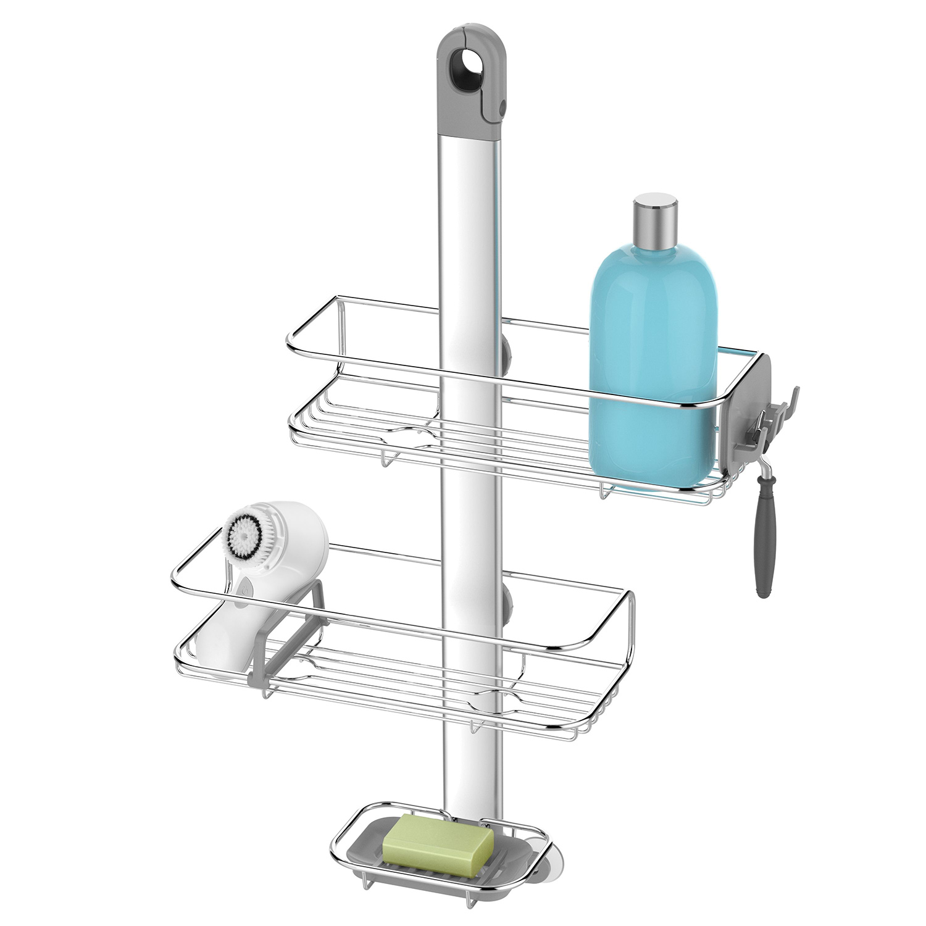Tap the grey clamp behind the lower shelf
tap(507, 603)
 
